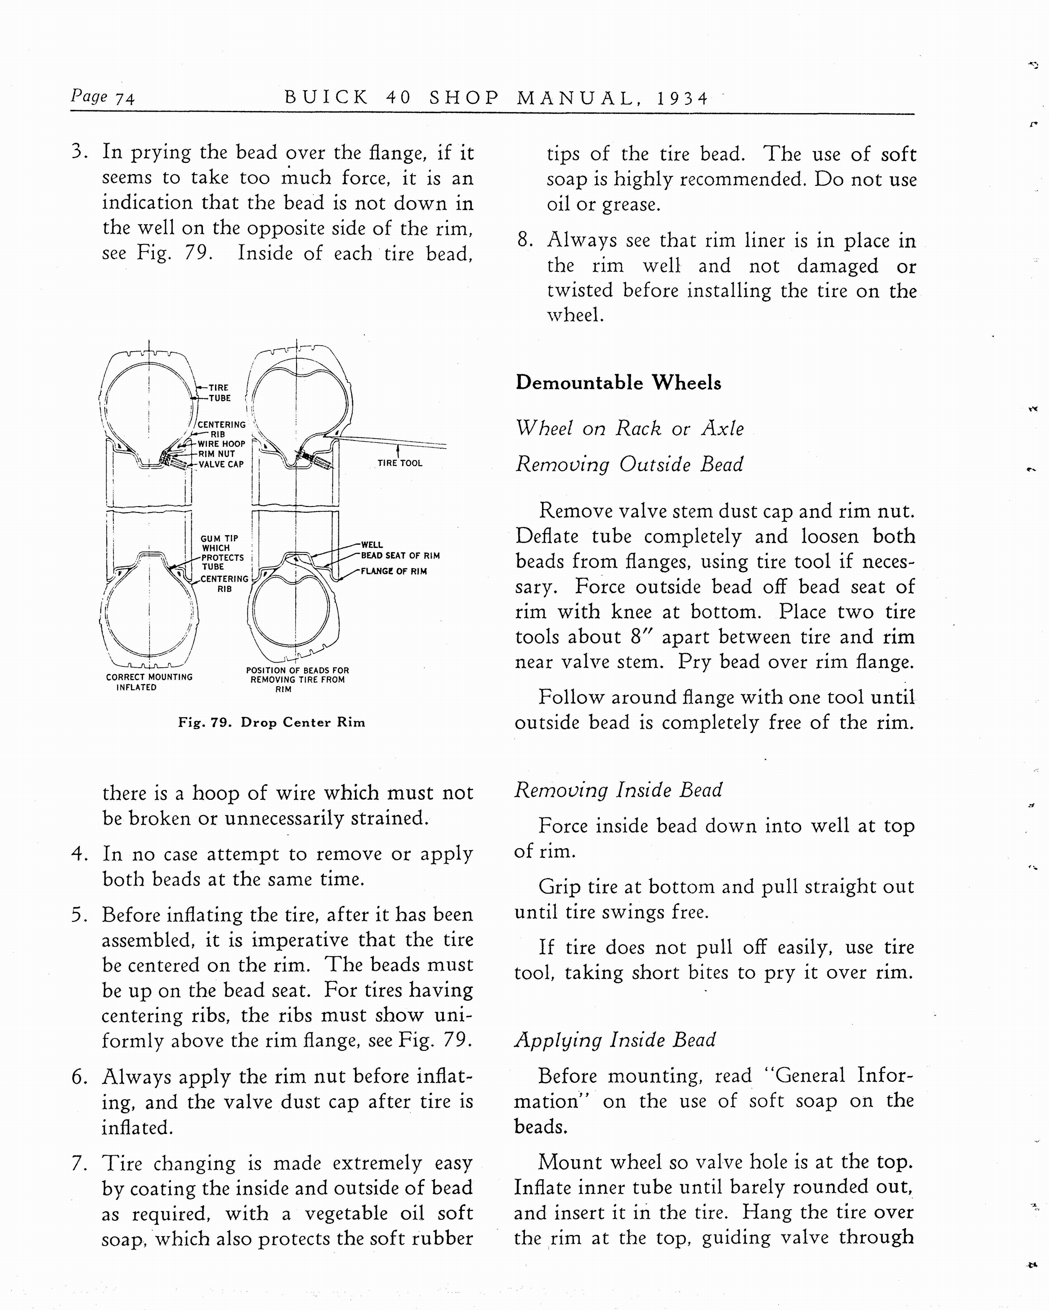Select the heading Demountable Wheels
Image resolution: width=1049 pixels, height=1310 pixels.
[x=618, y=383]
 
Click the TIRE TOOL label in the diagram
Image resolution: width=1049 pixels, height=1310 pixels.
[x=400, y=463]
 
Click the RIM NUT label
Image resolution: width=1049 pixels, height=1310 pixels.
[x=216, y=454]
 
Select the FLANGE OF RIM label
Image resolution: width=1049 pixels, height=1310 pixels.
[x=394, y=571]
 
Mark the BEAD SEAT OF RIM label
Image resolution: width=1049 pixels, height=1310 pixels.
[x=400, y=555]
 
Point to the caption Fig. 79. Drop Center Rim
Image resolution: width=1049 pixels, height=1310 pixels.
[x=271, y=722]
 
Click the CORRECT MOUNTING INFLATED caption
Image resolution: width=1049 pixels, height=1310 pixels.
[x=149, y=682]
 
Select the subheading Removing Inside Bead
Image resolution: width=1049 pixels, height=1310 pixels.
[x=618, y=790]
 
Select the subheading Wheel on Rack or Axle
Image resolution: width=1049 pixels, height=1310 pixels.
[x=629, y=428]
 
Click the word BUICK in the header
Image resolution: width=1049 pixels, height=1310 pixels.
[x=327, y=98]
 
